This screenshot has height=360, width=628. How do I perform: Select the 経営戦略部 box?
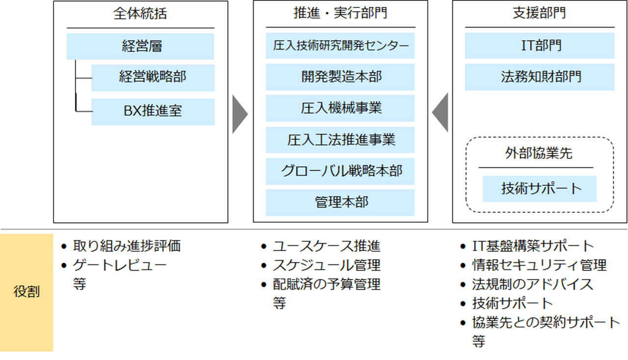click(153, 77)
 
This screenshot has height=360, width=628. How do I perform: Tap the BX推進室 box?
click(153, 111)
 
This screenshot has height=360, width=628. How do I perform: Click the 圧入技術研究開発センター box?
click(340, 46)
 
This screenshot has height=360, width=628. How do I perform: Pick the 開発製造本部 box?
click(340, 77)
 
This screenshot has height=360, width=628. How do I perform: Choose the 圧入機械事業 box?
click(340, 108)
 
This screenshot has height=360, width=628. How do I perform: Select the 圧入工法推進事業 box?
click(340, 140)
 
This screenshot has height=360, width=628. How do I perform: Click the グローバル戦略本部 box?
click(340, 171)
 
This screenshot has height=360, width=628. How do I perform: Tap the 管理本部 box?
click(340, 202)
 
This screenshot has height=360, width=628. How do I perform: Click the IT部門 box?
click(540, 46)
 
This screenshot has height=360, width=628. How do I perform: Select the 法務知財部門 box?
click(540, 77)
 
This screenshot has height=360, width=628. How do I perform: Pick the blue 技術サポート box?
click(540, 189)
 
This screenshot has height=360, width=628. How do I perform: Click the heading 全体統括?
click(140, 14)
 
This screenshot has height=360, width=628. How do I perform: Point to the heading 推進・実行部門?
click(340, 14)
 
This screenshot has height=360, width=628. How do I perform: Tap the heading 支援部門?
click(540, 14)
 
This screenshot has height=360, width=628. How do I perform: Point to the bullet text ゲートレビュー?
click(120, 265)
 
